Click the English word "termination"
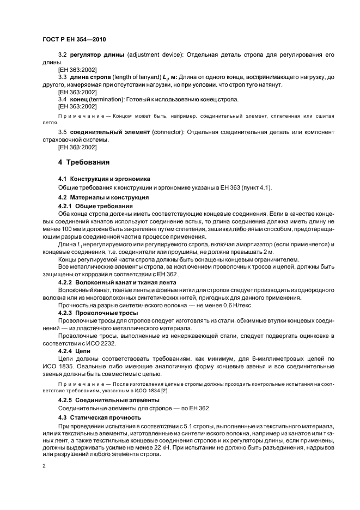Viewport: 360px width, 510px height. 107,100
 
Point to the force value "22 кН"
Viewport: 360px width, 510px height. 161,445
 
